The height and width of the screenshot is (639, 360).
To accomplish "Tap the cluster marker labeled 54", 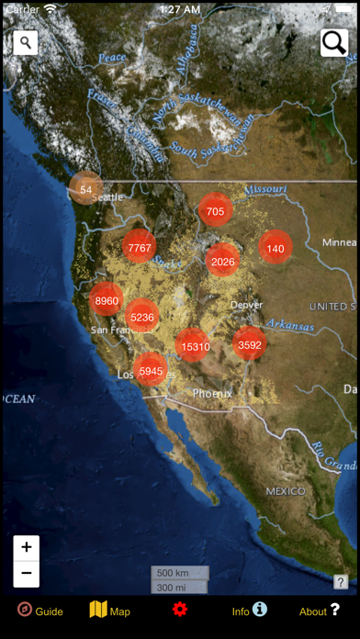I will tap(85, 189).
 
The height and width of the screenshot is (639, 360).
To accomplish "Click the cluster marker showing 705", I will tap(215, 211).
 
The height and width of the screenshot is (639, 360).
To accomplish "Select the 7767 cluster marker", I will tap(140, 247).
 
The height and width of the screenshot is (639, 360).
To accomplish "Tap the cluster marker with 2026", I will tap(223, 262).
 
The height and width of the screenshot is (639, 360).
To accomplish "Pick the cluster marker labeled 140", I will tap(276, 248).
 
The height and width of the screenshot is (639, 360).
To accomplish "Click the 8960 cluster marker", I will tap(107, 300).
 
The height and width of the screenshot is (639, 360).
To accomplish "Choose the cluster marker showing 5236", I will tap(142, 318).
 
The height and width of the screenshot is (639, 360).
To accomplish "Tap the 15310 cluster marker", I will tap(195, 346).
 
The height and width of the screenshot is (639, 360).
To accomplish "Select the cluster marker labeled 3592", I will tap(250, 345).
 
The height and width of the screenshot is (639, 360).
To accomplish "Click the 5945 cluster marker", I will tap(151, 371).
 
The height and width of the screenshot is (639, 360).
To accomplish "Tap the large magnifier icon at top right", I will tap(333, 42).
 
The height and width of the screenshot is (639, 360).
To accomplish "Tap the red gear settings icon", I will tap(179, 610).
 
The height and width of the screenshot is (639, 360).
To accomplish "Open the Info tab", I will tap(249, 611).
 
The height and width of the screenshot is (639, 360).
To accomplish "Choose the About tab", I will tap(319, 611).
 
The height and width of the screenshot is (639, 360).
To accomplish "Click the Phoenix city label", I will tap(212, 393).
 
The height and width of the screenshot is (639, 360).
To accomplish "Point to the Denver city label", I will tap(246, 305).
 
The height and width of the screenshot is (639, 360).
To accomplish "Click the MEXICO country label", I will tap(285, 491).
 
